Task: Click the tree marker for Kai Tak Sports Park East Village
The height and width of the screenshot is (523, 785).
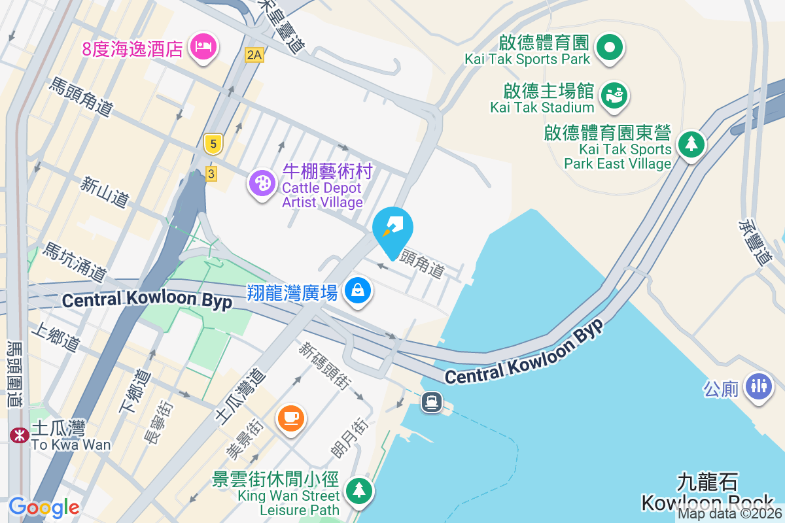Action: pyautogui.click(x=691, y=143)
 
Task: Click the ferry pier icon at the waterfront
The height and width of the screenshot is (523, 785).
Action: pyautogui.click(x=432, y=401)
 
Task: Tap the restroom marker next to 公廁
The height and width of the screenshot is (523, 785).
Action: pyautogui.click(x=758, y=384)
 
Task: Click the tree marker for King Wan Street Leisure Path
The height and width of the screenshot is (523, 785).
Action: pyautogui.click(x=358, y=490)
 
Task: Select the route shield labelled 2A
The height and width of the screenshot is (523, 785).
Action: pyautogui.click(x=254, y=55)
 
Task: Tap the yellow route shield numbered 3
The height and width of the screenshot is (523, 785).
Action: pyautogui.click(x=211, y=173)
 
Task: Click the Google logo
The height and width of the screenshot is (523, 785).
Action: pyautogui.click(x=44, y=507)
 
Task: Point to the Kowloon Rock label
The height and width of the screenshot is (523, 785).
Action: pyautogui.click(x=707, y=503)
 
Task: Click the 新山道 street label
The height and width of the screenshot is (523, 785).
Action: pyautogui.click(x=105, y=192)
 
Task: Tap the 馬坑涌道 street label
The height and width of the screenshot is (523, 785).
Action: pyautogui.click(x=75, y=261)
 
